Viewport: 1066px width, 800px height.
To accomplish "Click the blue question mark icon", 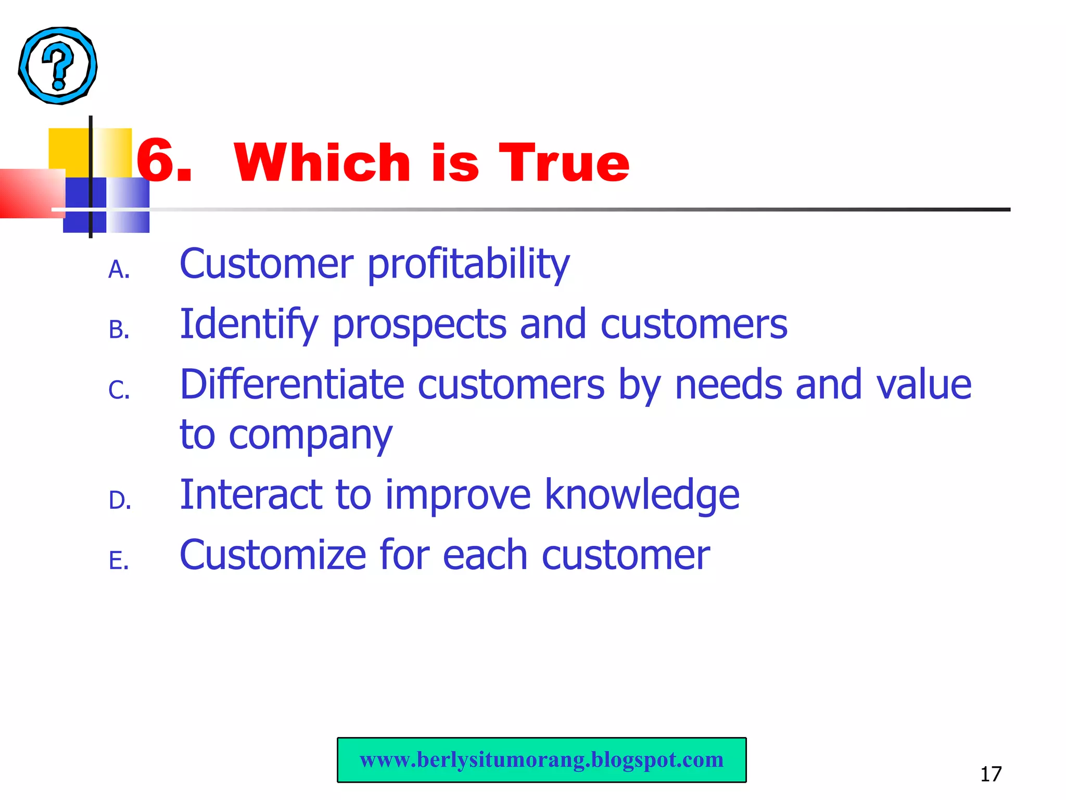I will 58,66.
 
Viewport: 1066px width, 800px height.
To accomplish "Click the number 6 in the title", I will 158,161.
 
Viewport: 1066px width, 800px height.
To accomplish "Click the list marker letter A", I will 119,270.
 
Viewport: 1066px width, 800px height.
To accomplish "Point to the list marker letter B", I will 119,330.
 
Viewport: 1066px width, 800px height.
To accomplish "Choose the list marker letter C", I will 119,390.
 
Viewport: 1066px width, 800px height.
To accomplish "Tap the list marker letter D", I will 119,501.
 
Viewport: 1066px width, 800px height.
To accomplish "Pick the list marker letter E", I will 118,561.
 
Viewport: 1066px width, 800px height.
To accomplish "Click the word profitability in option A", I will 468,265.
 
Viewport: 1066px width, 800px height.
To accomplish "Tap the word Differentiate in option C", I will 292,384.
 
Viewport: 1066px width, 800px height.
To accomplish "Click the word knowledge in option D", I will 642,495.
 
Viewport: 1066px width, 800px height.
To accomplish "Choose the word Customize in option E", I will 273,555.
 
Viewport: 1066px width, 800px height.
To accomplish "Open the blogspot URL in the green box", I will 541,760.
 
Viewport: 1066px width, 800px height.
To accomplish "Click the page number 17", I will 991,774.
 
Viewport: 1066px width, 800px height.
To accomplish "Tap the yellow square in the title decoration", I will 69,148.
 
